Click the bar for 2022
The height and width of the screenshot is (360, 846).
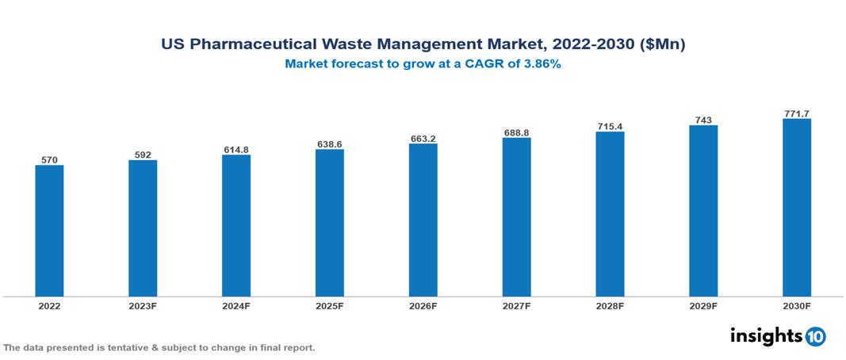[49, 231]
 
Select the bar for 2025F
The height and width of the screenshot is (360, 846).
[329, 223]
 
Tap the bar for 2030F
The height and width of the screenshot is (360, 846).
[796, 208]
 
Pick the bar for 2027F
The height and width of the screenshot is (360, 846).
[516, 217]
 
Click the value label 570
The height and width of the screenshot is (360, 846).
[49, 159]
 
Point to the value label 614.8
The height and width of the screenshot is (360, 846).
[236, 149]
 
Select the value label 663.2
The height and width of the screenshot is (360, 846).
[423, 139]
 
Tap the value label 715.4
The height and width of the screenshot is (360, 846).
[610, 127]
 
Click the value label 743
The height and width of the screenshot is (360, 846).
[703, 121]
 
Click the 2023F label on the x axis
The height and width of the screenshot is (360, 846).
[143, 305]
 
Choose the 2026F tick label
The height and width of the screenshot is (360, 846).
[423, 305]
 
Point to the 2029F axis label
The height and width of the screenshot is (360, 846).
[703, 305]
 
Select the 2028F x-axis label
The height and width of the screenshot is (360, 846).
[610, 305]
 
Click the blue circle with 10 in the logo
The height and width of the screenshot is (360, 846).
[815, 336]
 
